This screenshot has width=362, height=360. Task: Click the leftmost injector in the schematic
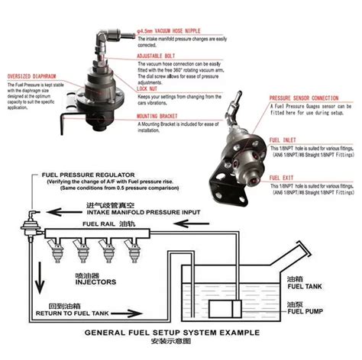pos(57,251)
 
